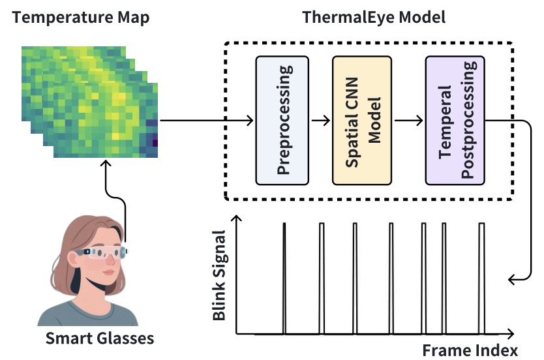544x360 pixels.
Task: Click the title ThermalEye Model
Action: pos(374,17)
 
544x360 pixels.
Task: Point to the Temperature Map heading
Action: pos(82,17)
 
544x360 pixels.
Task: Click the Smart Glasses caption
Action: pos(99,338)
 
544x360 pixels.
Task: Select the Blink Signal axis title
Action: pos(220,276)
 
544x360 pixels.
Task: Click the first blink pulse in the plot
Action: pos(284,277)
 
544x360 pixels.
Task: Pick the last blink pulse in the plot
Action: pos(481,277)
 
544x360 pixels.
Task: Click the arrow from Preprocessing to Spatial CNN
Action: pos(322,121)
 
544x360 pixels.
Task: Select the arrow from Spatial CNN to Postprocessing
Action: pos(408,121)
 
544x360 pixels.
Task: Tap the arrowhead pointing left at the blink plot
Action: pos(512,279)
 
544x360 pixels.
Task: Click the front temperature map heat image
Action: pos(104,127)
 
